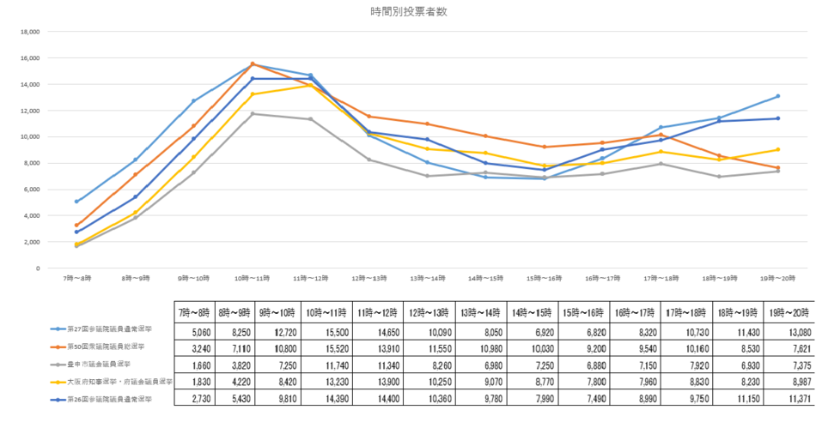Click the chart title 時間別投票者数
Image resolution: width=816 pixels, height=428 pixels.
point(408,12)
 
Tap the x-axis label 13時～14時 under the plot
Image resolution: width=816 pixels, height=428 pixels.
point(427,278)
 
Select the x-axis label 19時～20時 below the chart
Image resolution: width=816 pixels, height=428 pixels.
point(777,278)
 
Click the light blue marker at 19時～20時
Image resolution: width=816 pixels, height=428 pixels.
point(778,96)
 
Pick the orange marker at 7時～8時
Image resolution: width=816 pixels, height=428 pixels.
point(77,226)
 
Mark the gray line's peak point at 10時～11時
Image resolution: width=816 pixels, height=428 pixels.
point(253,114)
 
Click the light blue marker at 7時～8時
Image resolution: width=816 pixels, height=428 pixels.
point(77,202)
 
